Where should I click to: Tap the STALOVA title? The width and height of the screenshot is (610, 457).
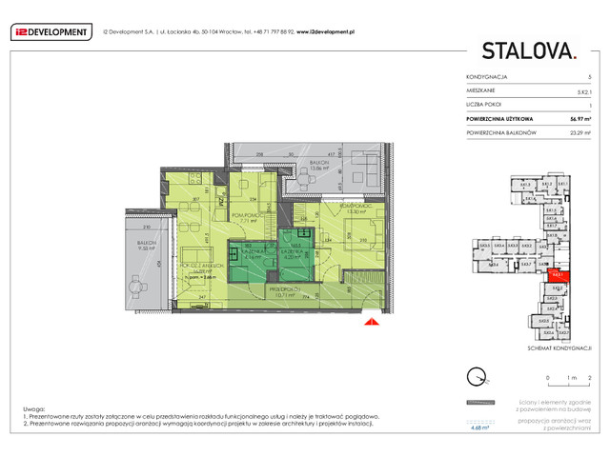click(528, 50)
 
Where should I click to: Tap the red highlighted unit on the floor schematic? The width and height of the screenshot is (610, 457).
click(556, 276)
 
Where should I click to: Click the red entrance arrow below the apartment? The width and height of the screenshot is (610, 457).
click(369, 324)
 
